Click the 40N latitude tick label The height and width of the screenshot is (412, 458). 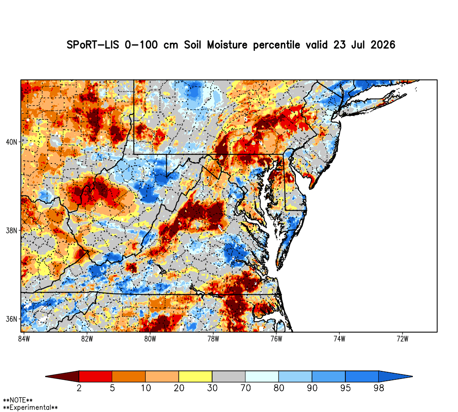coord(12,142)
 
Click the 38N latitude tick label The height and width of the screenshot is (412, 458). coord(12,231)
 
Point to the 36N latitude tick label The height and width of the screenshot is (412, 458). coord(12,319)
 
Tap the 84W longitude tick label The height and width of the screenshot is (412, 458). coord(24,339)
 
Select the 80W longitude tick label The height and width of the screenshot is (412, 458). coord(150,339)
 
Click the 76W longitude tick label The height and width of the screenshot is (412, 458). coord(276,339)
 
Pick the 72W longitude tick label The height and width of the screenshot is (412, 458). coord(403,339)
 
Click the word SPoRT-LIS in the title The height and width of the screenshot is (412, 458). coord(93,45)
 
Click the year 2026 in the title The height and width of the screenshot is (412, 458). coord(383,45)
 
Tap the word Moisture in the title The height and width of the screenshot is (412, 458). coord(227,45)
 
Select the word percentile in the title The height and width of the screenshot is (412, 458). coord(276,45)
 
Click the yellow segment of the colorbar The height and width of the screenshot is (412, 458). coord(196,376)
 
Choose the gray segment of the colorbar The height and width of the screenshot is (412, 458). coord(229,376)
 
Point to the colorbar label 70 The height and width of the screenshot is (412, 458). coord(245,388)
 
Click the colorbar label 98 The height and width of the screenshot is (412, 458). coord(379,388)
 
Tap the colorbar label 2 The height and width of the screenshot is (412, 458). coord(79,388)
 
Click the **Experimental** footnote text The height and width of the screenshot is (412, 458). coord(30,407)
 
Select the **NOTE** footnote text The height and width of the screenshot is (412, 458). coord(18,400)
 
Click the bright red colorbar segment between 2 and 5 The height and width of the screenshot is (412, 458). coord(96,376)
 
